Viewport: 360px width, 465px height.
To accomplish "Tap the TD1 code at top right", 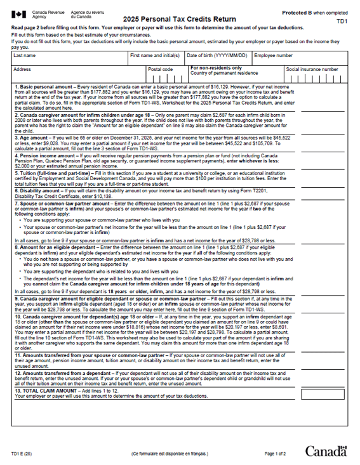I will (342, 21).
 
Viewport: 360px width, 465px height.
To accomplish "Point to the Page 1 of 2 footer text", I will (275, 454).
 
